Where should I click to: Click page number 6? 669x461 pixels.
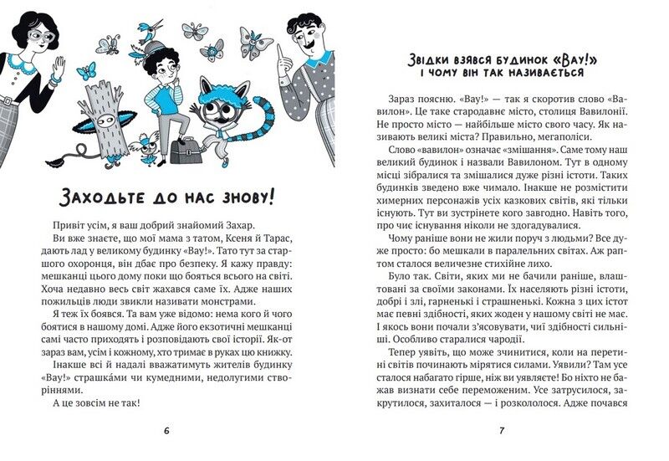point(166,430)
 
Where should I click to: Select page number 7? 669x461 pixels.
point(501,430)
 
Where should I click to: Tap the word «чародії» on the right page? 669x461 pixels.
point(529,341)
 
